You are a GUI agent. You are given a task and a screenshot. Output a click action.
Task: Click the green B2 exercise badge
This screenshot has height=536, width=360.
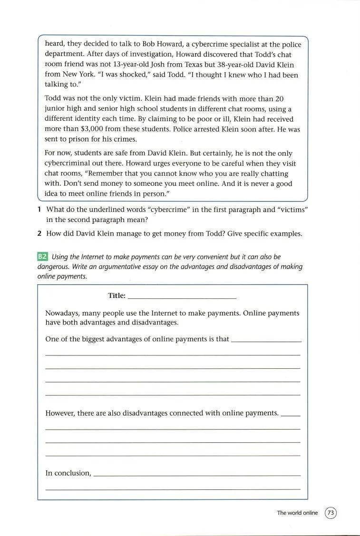[43, 257]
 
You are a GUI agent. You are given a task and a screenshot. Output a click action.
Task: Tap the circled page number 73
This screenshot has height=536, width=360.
[331, 513]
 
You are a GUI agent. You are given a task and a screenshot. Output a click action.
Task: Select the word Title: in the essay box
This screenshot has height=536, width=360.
[117, 296]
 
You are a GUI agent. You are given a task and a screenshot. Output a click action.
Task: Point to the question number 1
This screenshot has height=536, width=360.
[39, 210]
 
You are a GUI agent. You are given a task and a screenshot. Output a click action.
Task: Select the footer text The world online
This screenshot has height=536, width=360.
[297, 513]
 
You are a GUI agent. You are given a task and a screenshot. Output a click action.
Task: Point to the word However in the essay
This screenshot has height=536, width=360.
[60, 413]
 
